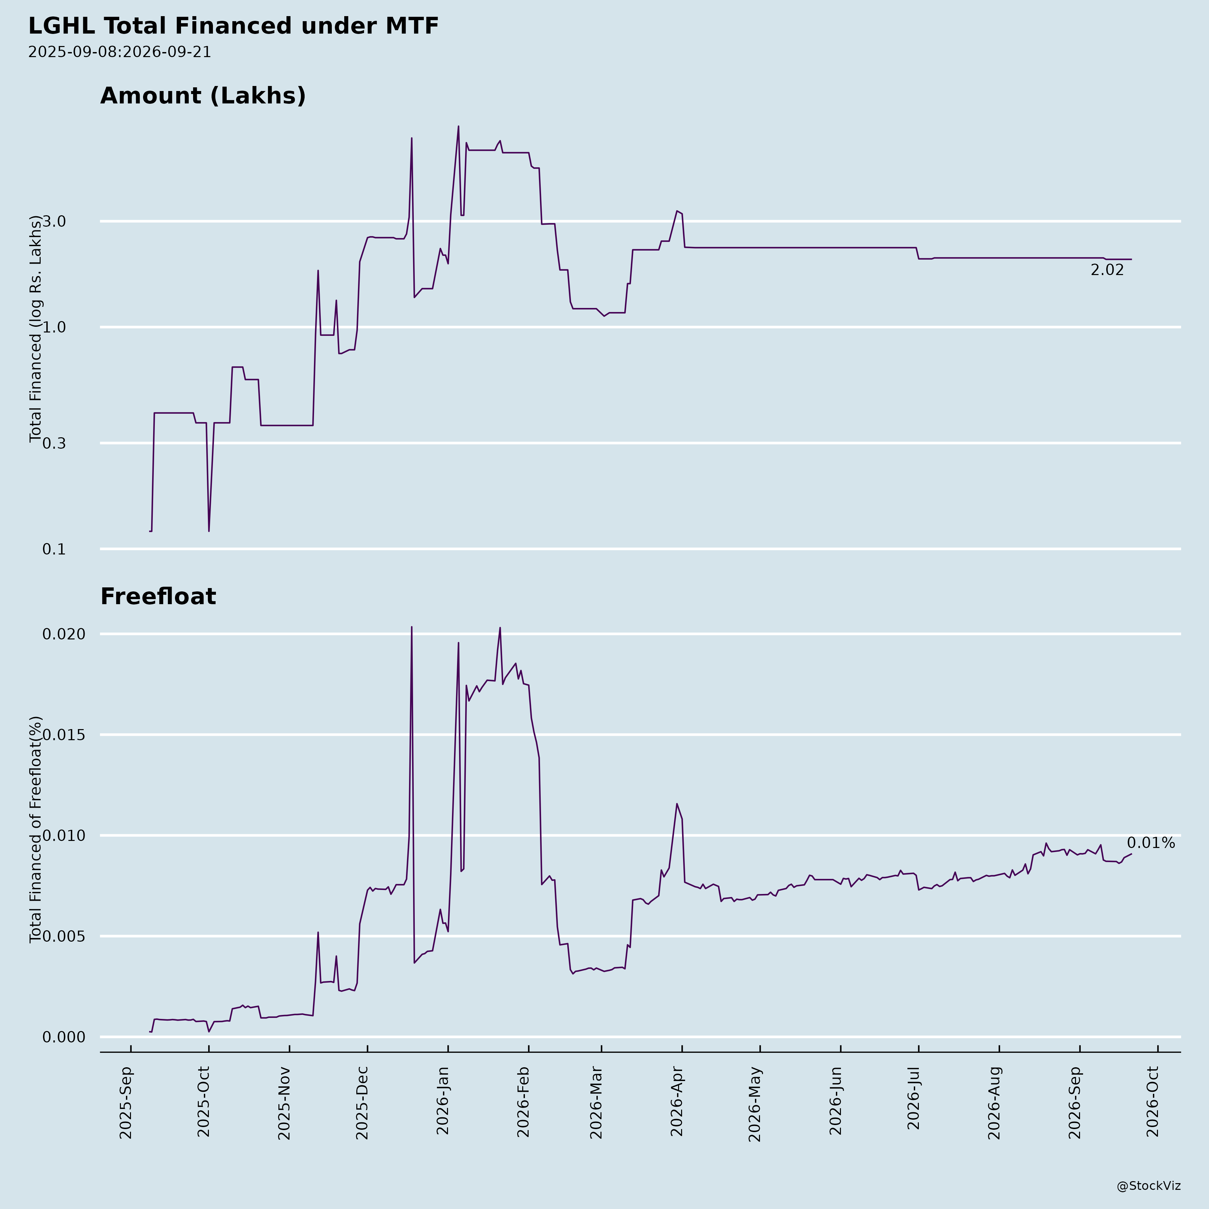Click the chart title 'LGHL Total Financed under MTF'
pyautogui.click(x=233, y=26)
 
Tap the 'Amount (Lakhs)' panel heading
pyautogui.click(x=203, y=96)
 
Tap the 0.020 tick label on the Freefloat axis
pyautogui.click(x=63, y=634)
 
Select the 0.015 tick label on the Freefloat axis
pyautogui.click(x=63, y=735)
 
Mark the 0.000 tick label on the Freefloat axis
pyautogui.click(x=63, y=1037)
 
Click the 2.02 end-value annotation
pyautogui.click(x=1107, y=270)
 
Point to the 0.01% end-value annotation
pyautogui.click(x=1151, y=843)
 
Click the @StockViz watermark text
pyautogui.click(x=1149, y=1186)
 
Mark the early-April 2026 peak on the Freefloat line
pyautogui.click(x=676, y=804)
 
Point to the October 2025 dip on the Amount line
pyautogui.click(x=209, y=531)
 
